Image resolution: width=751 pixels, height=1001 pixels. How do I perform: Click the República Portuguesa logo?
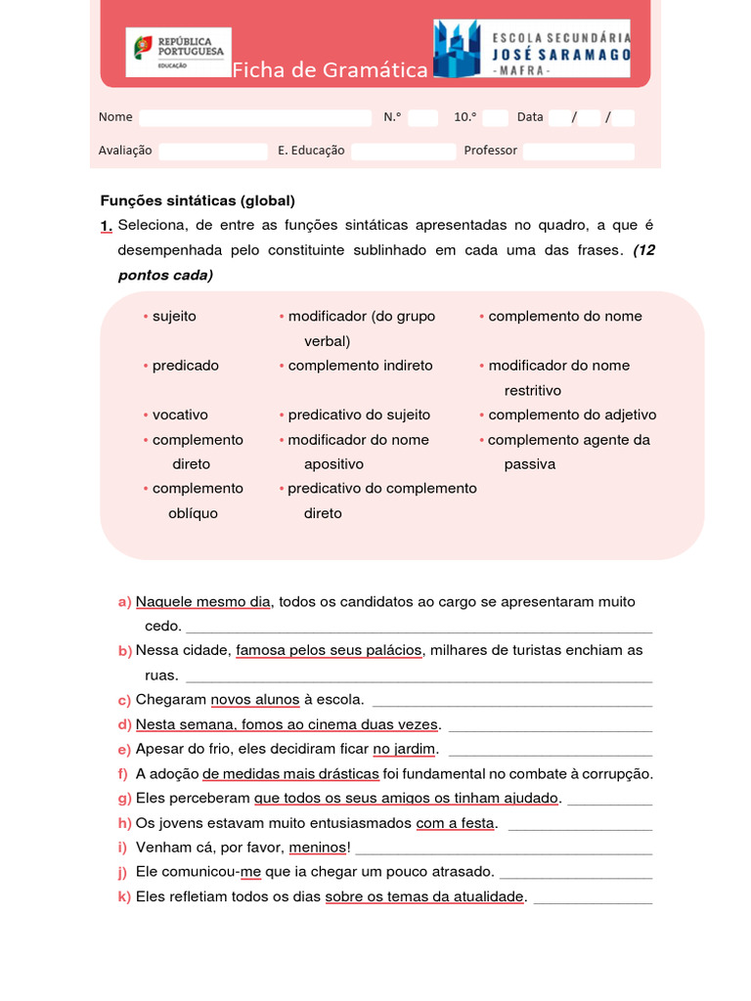tap(178, 52)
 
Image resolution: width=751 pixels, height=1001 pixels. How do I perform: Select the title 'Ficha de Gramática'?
tap(330, 70)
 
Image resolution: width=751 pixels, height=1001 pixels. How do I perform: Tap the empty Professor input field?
tap(579, 151)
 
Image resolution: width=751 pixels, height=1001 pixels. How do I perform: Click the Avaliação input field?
tap(213, 151)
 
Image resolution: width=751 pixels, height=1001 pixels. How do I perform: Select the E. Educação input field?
tap(403, 151)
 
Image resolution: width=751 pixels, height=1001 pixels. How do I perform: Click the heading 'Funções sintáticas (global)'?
tap(198, 200)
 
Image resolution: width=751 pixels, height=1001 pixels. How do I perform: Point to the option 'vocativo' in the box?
tap(180, 414)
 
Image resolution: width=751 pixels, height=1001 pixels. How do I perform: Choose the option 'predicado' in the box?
tap(185, 365)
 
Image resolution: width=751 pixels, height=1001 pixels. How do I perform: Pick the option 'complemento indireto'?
tap(360, 365)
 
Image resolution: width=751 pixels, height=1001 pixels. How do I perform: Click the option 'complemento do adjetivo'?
tap(572, 414)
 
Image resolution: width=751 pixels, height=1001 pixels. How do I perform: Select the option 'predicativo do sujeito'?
tap(359, 414)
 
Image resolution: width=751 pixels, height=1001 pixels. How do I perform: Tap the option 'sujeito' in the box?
tap(174, 316)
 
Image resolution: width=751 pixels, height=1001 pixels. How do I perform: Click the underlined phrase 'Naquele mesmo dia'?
tap(202, 602)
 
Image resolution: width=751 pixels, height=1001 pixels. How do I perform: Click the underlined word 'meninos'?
tap(318, 848)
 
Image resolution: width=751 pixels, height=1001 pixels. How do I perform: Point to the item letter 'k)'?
tap(124, 897)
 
